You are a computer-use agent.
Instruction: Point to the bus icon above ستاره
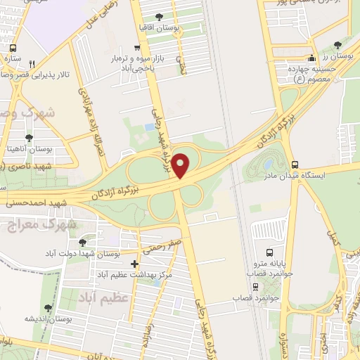tap(13, 49)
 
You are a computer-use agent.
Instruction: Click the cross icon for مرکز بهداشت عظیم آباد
tap(134, 264)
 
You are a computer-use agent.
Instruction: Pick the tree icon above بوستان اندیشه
tap(48, 307)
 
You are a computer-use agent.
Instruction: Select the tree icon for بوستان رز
tap(337, 44)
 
